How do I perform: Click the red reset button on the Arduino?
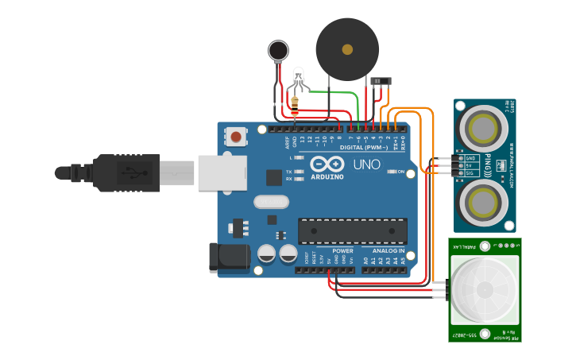coord(236,137)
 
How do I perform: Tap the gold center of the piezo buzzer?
coord(347,49)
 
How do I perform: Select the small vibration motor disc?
coord(278,51)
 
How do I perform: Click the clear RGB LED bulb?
coord(299,77)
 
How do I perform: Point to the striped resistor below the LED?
coord(296,103)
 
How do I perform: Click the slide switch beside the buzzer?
coord(381,81)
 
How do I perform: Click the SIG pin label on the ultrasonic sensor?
coord(470,172)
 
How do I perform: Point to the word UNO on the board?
coord(366,165)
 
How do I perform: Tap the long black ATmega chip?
coord(353,230)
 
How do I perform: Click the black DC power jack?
coord(227,257)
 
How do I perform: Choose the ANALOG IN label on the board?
coord(385,250)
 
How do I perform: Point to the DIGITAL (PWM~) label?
coord(364,147)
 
